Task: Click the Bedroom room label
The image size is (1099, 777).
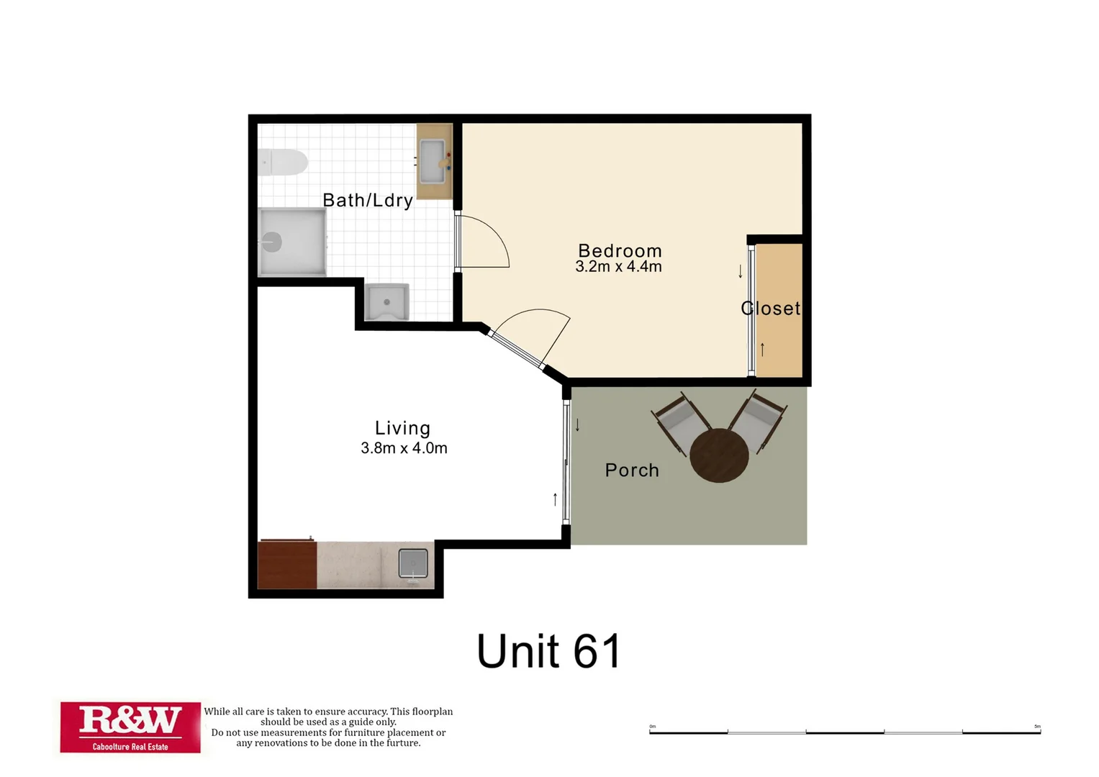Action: coord(620,250)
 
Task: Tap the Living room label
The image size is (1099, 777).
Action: coord(402,428)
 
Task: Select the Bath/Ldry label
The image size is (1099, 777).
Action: coord(367,200)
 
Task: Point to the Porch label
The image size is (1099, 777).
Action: coord(632,470)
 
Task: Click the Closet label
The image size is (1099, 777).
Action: coord(771,308)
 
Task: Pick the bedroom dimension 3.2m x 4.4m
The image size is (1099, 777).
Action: coord(618,267)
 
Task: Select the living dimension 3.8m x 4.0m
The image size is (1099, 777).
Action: coord(404,448)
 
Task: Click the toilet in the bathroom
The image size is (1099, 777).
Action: coord(283,163)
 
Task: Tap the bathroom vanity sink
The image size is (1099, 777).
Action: coord(433,162)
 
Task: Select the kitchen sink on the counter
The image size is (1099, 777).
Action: coord(413,563)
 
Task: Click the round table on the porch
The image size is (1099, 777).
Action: coord(719,455)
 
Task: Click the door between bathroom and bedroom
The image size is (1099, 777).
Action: coord(482,242)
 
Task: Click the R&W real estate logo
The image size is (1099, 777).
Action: coord(130,727)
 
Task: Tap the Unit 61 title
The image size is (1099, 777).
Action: coord(548,651)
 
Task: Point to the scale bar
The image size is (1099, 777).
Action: coord(845,732)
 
